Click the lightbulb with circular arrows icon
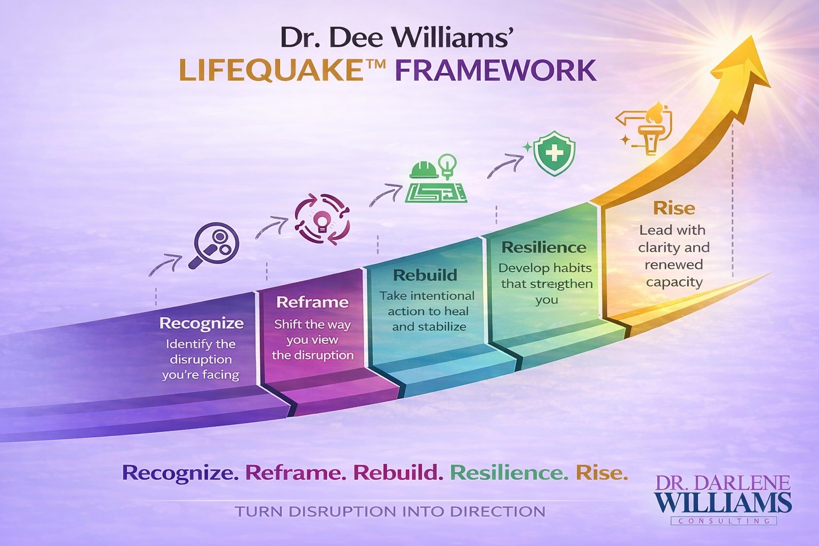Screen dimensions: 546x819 pos(322,219)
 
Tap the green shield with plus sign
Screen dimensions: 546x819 pos(555,153)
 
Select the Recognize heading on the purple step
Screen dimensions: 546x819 pos(202,323)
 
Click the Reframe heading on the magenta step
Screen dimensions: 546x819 pos(312,302)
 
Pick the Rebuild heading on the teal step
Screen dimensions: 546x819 pos(425,275)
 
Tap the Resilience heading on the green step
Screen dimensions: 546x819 pos(544,247)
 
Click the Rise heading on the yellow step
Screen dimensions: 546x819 pos(674,208)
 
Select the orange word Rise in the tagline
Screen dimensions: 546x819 pos(601,472)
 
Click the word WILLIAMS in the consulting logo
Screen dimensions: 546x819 pos(723,503)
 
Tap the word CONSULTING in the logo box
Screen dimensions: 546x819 pos(723,521)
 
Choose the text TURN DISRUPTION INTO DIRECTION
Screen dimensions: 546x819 pos(390,512)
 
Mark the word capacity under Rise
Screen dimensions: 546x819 pos(674,282)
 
